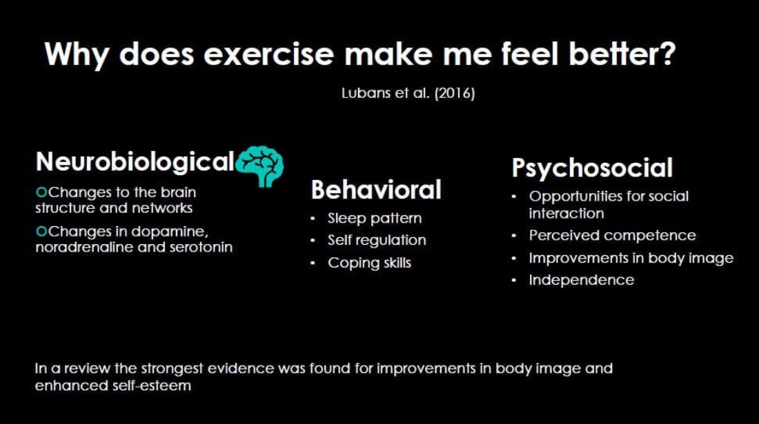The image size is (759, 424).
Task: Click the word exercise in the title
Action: pos(268,54)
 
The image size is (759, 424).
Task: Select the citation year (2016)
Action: pos(455,93)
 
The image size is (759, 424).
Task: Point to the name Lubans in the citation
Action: pos(366,93)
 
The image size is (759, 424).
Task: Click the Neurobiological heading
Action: pos(135,161)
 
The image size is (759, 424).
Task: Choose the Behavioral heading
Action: pos(376,190)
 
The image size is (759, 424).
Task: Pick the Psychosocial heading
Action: pos(592,168)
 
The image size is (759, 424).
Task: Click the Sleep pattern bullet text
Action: pos(375,219)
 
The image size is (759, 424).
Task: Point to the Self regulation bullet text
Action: pos(377,241)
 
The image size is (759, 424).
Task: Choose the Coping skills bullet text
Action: pos(369,263)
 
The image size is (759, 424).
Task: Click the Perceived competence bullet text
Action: pos(612,236)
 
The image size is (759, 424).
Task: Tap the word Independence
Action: pos(582,280)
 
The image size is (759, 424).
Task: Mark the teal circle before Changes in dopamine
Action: pos(41,232)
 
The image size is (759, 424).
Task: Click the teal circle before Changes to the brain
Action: pos(41,192)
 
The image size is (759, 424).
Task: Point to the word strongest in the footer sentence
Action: pos(172,369)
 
